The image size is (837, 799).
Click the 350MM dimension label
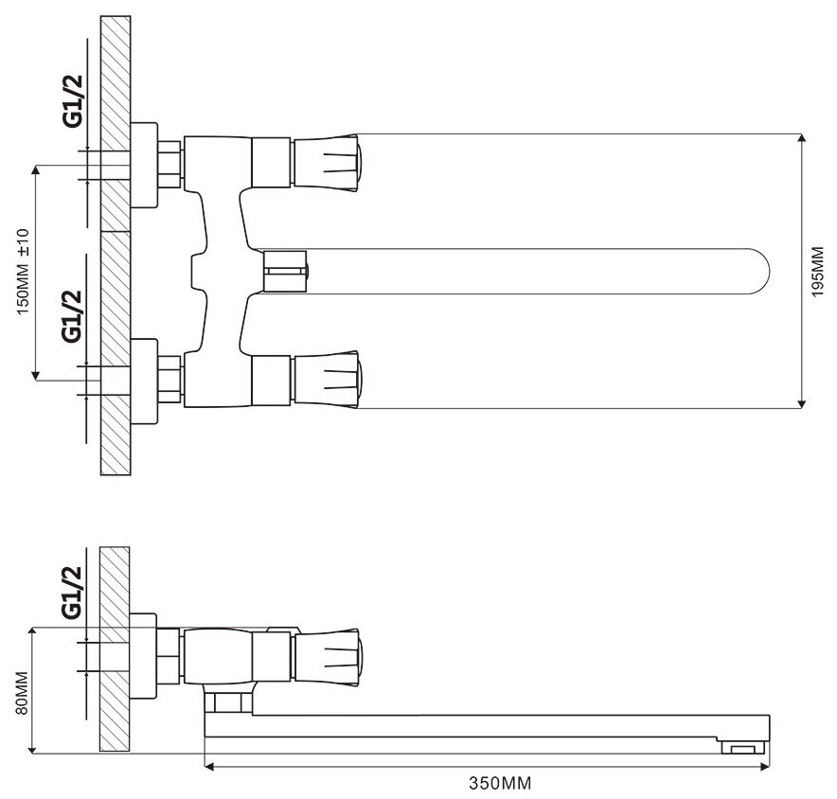pyautogui.click(x=500, y=783)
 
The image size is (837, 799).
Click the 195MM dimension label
pyautogui.click(x=817, y=273)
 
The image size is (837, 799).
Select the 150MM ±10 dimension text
pyautogui.click(x=24, y=272)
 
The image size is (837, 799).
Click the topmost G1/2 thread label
pyautogui.click(x=73, y=101)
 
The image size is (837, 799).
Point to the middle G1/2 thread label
pyautogui.click(x=73, y=316)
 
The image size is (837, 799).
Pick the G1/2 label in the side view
pyautogui.click(x=72, y=592)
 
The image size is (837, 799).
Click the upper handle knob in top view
pyautogui.click(x=327, y=163)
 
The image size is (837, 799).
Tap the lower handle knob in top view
pyautogui.click(x=327, y=379)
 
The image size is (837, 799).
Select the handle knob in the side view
pyautogui.click(x=327, y=657)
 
